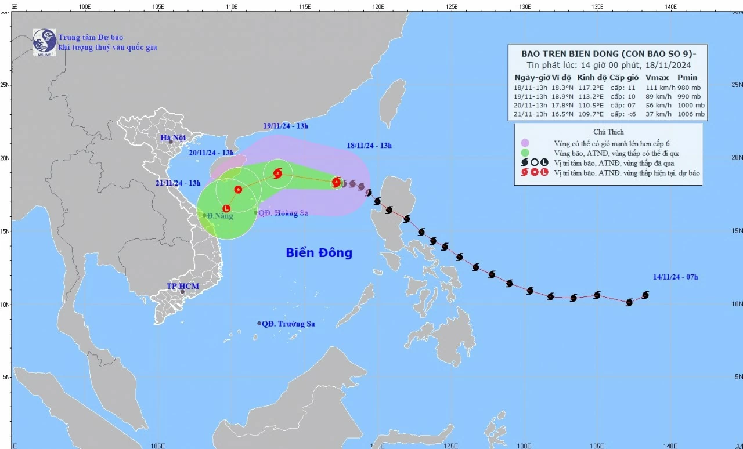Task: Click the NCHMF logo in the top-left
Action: [x=44, y=41]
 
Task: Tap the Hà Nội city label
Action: [x=175, y=137]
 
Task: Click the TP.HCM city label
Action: [x=183, y=287]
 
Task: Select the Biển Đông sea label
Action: [x=319, y=253]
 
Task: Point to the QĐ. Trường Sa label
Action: [x=288, y=324]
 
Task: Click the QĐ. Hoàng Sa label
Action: [x=283, y=213]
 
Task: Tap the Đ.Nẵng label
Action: [x=220, y=216]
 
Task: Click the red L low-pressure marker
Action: [x=226, y=208]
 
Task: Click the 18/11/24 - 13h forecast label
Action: [x=369, y=146]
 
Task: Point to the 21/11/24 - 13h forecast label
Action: [x=178, y=183]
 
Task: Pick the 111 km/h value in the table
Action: [x=657, y=87]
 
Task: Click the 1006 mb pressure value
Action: [x=692, y=114]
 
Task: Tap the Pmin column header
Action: [x=687, y=77]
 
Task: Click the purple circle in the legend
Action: [x=525, y=143]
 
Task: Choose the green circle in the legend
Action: [x=525, y=153]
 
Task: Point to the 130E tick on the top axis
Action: [x=525, y=6]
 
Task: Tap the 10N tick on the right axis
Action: [x=737, y=304]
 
